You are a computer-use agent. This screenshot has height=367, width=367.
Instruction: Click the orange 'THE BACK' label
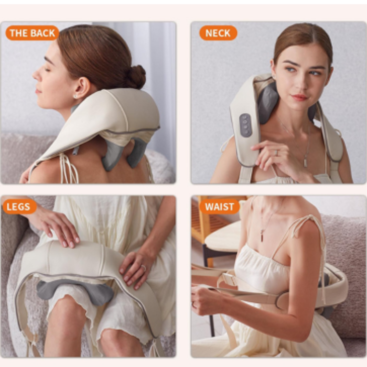tap(32, 33)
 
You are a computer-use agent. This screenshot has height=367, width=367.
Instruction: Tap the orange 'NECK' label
tap(218, 33)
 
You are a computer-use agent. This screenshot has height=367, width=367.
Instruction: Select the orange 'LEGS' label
tap(19, 207)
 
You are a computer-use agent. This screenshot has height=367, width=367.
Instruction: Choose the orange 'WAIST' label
tap(219, 206)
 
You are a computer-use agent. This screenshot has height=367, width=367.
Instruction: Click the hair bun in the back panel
tap(135, 77)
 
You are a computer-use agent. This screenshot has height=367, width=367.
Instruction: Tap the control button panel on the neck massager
tap(245, 125)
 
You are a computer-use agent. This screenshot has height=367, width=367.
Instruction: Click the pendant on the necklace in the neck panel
tap(305, 163)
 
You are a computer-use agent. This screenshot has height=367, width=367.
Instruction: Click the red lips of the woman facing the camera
tap(299, 97)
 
